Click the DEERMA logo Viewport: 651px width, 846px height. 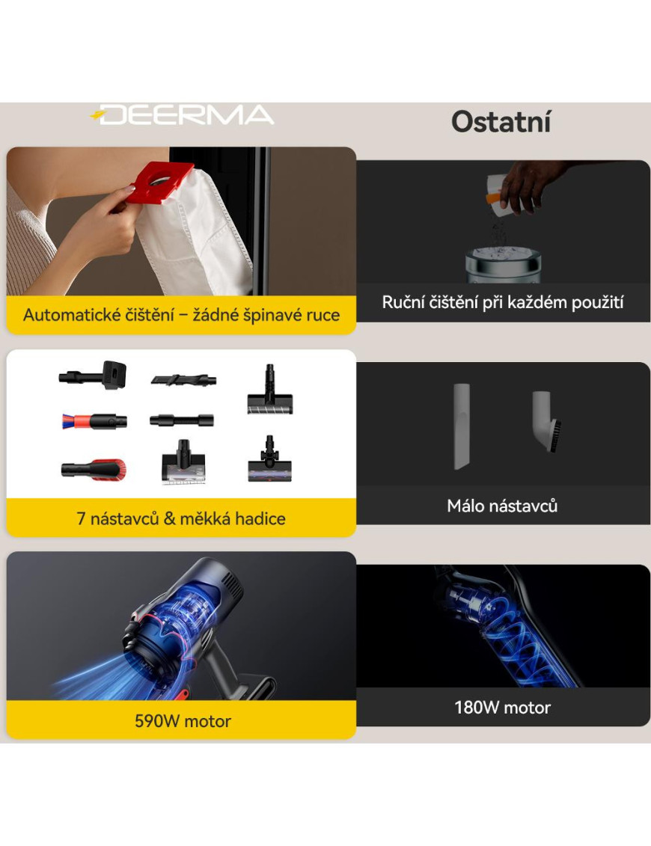pos(183,115)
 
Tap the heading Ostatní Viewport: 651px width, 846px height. pos(501,122)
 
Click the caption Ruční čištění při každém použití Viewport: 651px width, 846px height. pos(503,302)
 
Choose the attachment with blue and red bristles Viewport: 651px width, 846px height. pos(94,421)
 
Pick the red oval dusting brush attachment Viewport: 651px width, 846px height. pos(94,469)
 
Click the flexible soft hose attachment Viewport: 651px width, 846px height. pos(182,420)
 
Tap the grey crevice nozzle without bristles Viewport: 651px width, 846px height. pos(462,426)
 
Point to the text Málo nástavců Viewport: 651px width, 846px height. pos(502,506)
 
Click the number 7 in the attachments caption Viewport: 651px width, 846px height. pos(81,518)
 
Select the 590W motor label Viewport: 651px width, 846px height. pos(183,721)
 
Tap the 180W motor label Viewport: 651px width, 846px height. pos(502,708)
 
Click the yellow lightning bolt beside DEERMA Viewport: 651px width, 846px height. pos(98,115)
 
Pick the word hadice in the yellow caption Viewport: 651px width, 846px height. pos(260,518)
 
